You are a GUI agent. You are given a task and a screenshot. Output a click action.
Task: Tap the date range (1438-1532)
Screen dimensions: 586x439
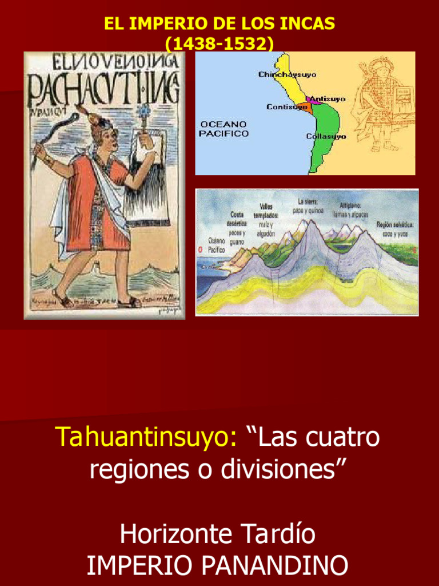(x=219, y=43)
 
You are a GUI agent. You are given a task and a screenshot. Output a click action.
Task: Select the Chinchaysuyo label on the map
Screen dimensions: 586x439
(x=287, y=74)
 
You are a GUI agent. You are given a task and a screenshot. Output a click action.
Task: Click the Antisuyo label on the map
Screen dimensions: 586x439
(x=328, y=99)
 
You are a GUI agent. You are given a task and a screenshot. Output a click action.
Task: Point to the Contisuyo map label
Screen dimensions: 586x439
(x=287, y=107)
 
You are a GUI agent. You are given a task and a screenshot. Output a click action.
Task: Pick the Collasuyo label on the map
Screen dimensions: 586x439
(x=326, y=136)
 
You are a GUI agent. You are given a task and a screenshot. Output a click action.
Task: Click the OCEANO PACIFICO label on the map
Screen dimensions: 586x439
(x=224, y=129)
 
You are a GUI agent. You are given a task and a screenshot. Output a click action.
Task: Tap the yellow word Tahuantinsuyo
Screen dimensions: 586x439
(x=146, y=438)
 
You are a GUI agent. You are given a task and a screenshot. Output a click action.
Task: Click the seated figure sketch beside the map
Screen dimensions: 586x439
(x=381, y=109)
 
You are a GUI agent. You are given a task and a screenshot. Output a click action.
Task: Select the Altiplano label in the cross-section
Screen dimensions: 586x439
(x=353, y=209)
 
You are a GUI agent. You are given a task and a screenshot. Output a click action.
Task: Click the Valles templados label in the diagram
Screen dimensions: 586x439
(x=266, y=211)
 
